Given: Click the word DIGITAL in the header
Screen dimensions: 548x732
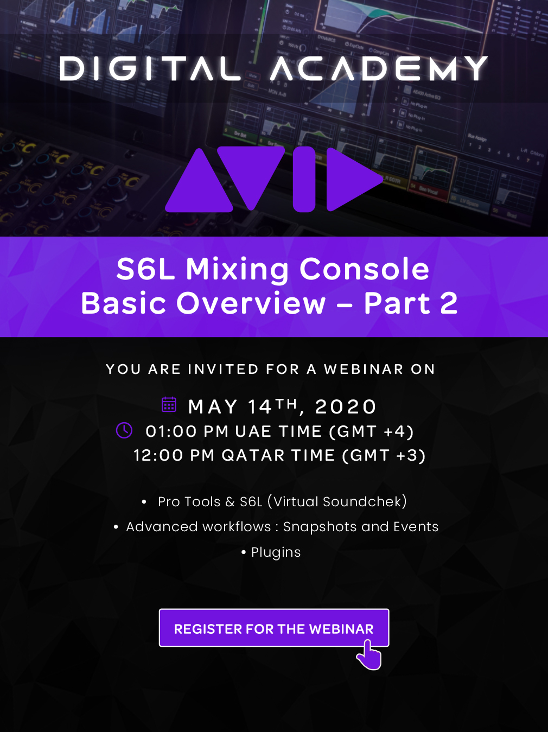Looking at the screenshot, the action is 150,68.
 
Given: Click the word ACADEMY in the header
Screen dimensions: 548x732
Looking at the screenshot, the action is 379,68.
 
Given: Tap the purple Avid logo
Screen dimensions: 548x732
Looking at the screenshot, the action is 274,180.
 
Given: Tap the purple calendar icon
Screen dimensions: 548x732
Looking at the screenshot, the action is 169,404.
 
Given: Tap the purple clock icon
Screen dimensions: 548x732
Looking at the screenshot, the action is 124,430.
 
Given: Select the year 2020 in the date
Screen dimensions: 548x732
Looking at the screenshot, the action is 345,407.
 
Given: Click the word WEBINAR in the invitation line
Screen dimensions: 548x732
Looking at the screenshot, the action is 364,369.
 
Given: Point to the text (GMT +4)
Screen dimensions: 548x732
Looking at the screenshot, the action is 371,431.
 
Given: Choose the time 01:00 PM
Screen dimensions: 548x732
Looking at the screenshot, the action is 187,431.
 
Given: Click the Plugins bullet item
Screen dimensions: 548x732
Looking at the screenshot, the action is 276,552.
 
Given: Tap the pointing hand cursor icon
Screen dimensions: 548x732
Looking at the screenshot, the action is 368,654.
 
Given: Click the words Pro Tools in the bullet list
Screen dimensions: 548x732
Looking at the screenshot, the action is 189,501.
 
